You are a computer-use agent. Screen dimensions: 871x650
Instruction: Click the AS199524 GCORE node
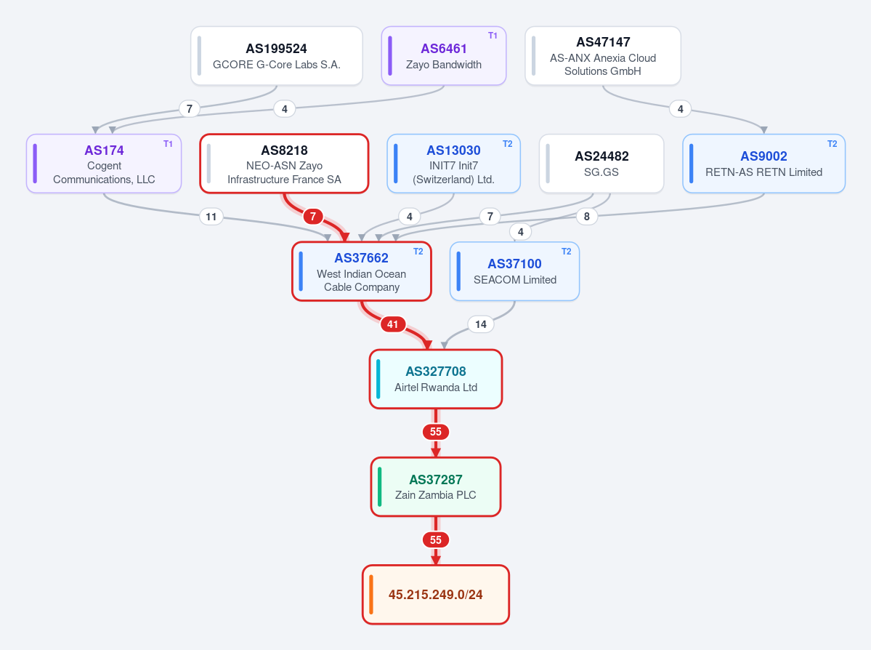277,56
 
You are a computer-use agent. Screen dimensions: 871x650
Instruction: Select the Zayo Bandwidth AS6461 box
444,56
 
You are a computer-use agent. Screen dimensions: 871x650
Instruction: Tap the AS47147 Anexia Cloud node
603,56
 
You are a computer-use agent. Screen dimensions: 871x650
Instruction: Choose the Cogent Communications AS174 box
104,164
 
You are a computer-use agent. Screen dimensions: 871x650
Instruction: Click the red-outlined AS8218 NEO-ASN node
285,164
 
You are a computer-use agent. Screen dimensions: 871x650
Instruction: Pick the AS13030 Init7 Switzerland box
454,164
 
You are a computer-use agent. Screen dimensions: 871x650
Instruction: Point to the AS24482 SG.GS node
601,164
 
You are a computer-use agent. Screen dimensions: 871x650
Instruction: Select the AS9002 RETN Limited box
763,164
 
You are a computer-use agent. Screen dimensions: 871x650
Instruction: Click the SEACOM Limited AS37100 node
515,271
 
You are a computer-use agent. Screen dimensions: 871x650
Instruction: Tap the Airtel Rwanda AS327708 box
436,380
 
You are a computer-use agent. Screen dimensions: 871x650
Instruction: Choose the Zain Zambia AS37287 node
436,487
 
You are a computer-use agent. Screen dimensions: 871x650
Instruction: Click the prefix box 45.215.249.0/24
436,595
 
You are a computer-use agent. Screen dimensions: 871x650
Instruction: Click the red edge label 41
393,324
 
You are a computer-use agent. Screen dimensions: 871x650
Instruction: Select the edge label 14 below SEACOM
481,324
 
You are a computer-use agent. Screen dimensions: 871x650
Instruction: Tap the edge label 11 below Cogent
211,216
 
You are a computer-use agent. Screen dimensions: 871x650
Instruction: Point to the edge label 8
586,216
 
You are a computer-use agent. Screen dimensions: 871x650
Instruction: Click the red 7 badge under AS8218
313,216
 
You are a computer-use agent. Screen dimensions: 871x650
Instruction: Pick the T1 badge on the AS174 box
168,144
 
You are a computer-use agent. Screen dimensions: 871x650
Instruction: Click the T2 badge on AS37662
418,252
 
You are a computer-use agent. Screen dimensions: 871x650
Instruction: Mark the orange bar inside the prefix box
371,595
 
